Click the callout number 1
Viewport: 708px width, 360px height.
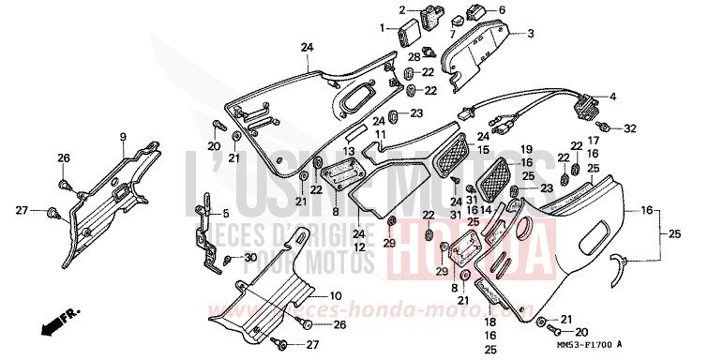click(383, 27)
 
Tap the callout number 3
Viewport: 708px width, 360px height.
click(531, 34)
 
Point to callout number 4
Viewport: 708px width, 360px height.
click(613, 97)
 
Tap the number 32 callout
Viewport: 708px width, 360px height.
click(629, 127)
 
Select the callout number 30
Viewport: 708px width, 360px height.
click(249, 258)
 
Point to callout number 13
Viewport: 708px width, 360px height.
click(349, 151)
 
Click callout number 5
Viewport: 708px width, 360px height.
click(225, 213)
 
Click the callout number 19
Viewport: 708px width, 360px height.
click(527, 149)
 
